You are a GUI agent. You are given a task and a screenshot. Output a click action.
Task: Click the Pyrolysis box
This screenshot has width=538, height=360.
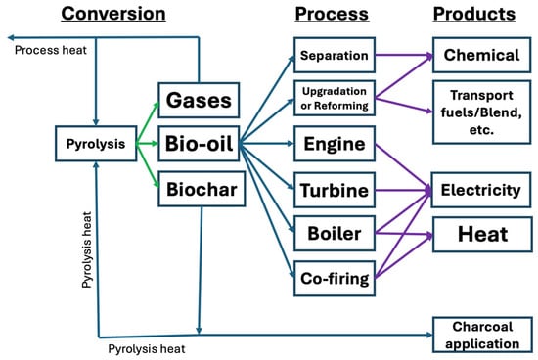[94, 144]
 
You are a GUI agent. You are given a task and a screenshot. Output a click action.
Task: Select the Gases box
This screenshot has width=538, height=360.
[199, 100]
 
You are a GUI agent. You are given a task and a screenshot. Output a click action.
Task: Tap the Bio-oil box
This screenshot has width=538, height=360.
[199, 145]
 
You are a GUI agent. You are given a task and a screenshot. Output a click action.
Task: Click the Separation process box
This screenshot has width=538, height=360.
[333, 56]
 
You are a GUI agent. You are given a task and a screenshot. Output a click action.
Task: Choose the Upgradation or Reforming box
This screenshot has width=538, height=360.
[333, 98]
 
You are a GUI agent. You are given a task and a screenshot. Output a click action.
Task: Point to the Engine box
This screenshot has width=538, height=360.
[333, 145]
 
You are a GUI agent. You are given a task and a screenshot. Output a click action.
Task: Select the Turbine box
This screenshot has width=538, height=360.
[333, 190]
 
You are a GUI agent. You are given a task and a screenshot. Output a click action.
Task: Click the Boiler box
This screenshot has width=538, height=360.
[333, 235]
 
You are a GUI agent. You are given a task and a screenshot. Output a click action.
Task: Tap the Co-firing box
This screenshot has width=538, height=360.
[333, 279]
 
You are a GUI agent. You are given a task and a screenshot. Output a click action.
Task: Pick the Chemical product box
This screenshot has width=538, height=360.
[482, 56]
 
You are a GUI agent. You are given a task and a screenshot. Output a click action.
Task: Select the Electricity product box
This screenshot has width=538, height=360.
[482, 190]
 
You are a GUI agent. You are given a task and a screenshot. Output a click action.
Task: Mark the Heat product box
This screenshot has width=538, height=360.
[482, 235]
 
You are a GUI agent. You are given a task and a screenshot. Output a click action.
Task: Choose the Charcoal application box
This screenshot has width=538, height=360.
[482, 335]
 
